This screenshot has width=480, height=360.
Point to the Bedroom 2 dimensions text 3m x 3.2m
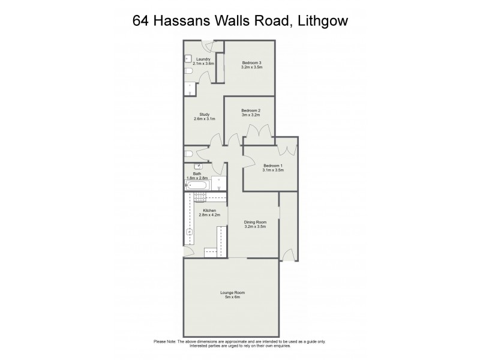coord(250,115)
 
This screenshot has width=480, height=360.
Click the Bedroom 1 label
coord(272,166)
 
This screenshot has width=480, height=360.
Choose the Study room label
coord(203,115)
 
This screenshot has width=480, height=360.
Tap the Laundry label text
coord(203,59)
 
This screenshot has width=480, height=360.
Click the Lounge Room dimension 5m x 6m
coord(232,296)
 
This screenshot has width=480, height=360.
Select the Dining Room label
coord(255,222)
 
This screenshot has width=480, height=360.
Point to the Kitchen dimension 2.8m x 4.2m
coord(209,214)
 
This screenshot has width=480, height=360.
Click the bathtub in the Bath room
coord(196,186)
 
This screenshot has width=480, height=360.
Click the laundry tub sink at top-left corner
coord(188,58)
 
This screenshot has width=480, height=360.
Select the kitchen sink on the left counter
coord(188,231)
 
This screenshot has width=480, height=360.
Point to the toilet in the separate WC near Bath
coord(188,154)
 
